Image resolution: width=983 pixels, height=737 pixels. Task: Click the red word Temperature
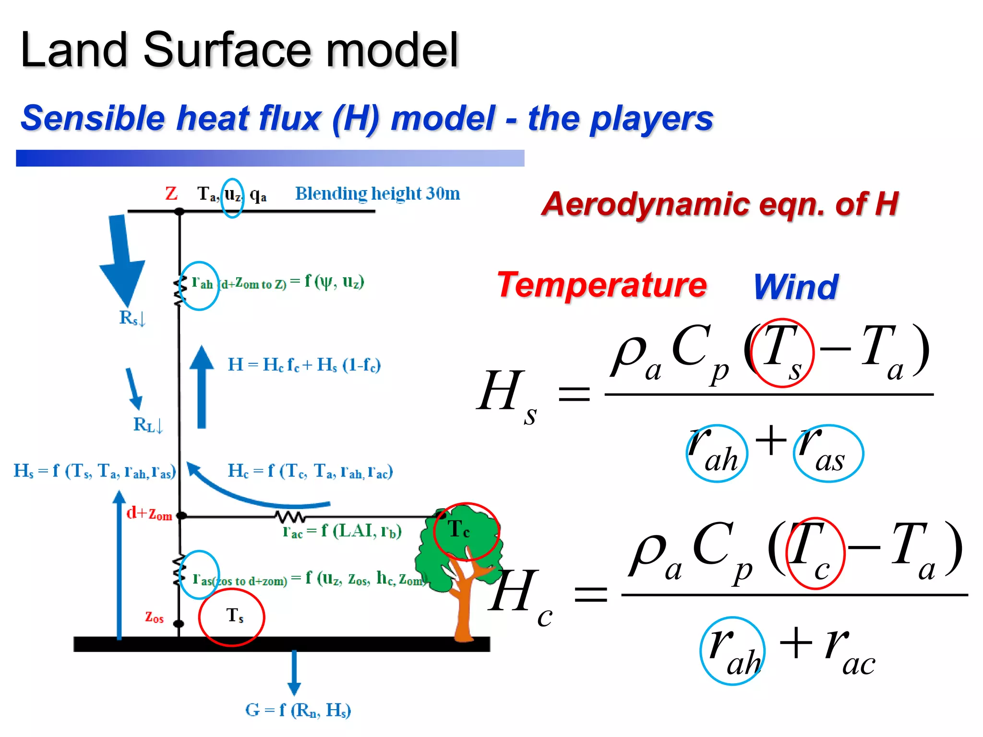[602, 285]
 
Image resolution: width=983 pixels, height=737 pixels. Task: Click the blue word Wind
[796, 287]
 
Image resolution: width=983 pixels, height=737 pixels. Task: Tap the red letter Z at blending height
[171, 193]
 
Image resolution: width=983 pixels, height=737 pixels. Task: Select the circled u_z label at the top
[233, 196]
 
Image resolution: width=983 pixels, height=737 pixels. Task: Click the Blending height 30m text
[377, 193]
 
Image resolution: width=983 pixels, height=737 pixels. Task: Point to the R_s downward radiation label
[132, 318]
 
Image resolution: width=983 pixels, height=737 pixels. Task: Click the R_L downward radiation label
[147, 425]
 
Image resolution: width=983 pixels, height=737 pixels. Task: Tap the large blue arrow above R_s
[122, 259]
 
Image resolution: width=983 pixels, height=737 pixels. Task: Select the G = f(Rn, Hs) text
[298, 710]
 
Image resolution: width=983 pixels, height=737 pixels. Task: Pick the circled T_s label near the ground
[234, 616]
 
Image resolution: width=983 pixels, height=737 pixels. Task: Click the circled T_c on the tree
[459, 529]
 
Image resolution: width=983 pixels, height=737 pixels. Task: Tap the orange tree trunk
[464, 609]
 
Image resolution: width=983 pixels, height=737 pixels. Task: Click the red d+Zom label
[149, 513]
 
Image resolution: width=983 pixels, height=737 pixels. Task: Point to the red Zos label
[154, 617]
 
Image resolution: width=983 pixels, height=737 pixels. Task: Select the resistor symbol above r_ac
[290, 517]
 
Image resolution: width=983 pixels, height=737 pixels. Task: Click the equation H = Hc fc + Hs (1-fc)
[304, 365]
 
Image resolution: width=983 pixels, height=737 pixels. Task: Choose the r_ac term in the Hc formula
[851, 653]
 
